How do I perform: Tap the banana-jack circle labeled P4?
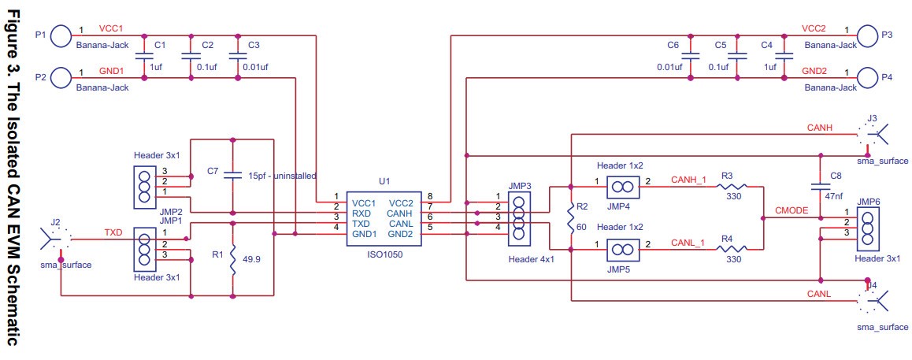point(868,78)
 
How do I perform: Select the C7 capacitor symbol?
point(233,174)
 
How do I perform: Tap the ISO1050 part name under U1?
point(384,254)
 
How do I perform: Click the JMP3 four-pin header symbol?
point(519,217)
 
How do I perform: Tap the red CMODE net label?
point(791,211)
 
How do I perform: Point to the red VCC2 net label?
point(813,28)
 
